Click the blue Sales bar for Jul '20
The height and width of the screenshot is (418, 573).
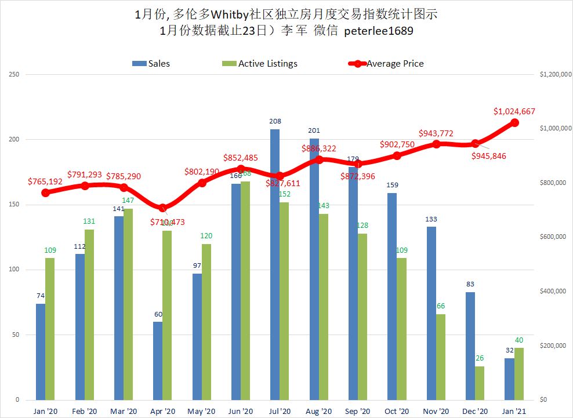274,264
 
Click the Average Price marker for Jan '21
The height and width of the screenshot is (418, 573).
514,122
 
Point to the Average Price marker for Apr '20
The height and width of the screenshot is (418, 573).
162,208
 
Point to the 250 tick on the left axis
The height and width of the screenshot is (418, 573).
13,74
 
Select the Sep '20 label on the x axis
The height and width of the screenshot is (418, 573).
358,411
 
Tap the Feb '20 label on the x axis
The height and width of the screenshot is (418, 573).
84,411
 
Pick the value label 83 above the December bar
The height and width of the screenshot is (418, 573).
470,284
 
